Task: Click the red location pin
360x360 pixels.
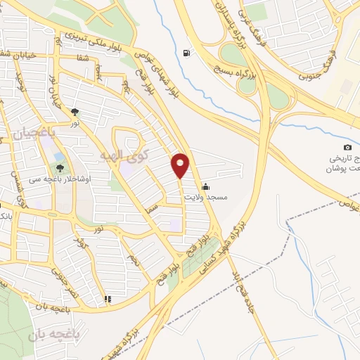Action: pyautogui.click(x=181, y=165)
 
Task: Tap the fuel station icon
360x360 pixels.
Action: pyautogui.click(x=186, y=53)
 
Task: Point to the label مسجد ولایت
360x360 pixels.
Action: pyautogui.click(x=205, y=198)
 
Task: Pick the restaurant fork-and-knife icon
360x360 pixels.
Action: pyautogui.click(x=108, y=300)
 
